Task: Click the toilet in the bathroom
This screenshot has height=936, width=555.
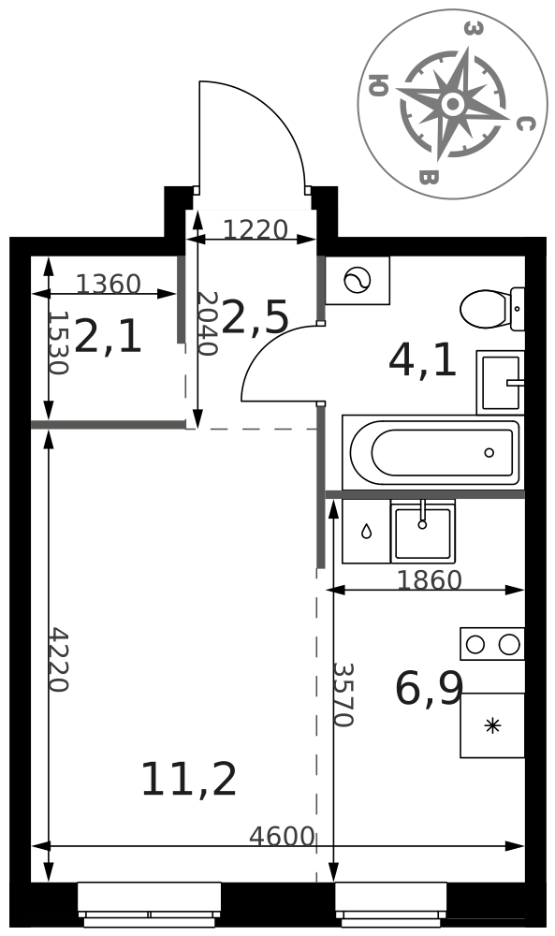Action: click(x=492, y=309)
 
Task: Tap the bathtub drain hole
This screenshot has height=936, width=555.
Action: click(x=489, y=452)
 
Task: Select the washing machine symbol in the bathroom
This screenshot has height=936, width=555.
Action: click(x=358, y=281)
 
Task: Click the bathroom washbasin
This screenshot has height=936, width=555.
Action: click(x=500, y=383)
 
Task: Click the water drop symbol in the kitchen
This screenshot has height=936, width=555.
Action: click(x=367, y=531)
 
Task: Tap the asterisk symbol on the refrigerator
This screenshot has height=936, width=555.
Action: click(x=492, y=726)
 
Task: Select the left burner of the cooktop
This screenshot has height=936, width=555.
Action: click(x=475, y=645)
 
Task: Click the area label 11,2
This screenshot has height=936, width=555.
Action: click(x=188, y=780)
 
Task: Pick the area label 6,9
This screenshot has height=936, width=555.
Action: click(x=429, y=688)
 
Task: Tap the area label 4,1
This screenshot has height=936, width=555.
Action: click(x=422, y=361)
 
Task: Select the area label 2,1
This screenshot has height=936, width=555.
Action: click(x=109, y=337)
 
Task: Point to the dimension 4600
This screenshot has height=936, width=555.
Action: click(x=282, y=836)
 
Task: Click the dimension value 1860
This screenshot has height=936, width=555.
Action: click(x=430, y=580)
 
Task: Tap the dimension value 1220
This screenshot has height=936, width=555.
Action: click(x=256, y=229)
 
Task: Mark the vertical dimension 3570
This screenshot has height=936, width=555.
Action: click(x=343, y=695)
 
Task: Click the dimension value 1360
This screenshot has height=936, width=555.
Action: click(x=109, y=285)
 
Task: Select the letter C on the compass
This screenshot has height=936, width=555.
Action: click(x=524, y=124)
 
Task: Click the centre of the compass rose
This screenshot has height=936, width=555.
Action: click(x=453, y=105)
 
